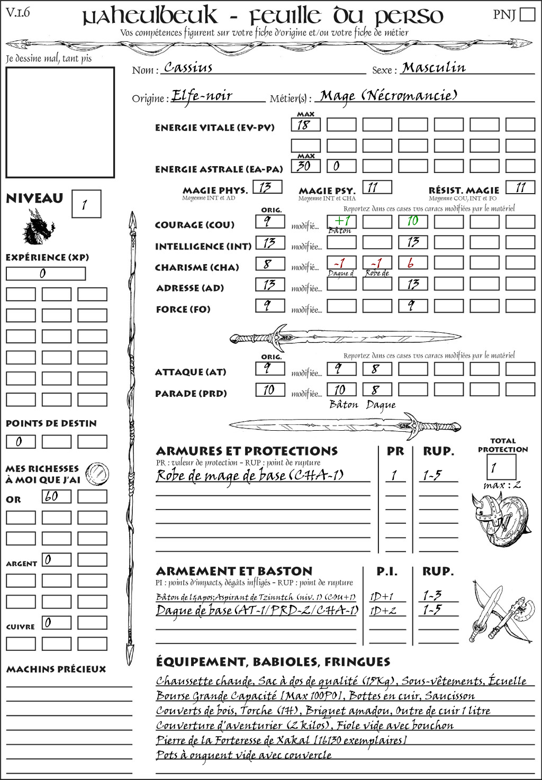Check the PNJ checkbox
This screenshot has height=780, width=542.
tap(527, 14)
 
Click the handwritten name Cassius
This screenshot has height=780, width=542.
tap(188, 67)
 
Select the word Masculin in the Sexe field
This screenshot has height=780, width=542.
tap(433, 67)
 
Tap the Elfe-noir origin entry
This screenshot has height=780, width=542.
tap(202, 96)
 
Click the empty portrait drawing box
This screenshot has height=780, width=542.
tap(60, 122)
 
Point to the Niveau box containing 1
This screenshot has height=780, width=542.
tap(86, 204)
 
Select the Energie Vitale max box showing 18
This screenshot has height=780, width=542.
tap(305, 125)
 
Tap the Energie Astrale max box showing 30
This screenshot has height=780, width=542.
tap(305, 166)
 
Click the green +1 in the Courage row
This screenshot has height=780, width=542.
tap(341, 221)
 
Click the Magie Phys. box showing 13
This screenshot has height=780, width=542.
tap(267, 187)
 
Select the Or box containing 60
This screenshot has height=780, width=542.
tap(56, 496)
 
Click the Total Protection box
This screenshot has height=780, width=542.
tap(501, 467)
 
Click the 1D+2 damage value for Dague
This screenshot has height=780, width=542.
tap(383, 611)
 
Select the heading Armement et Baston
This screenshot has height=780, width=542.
tap(234, 571)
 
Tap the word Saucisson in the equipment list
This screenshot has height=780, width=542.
tap(449, 696)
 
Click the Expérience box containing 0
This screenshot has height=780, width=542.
tap(46, 274)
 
